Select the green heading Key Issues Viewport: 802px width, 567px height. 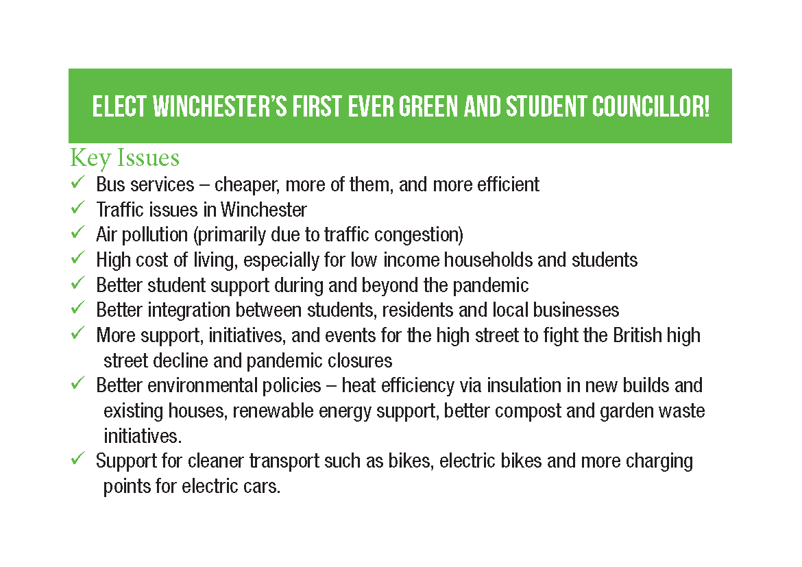pos(125,158)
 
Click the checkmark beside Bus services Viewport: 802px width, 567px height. pos(77,183)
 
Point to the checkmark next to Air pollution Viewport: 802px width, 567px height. pos(77,234)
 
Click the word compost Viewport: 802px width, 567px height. pos(530,411)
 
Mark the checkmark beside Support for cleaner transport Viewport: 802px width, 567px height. pos(77,459)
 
